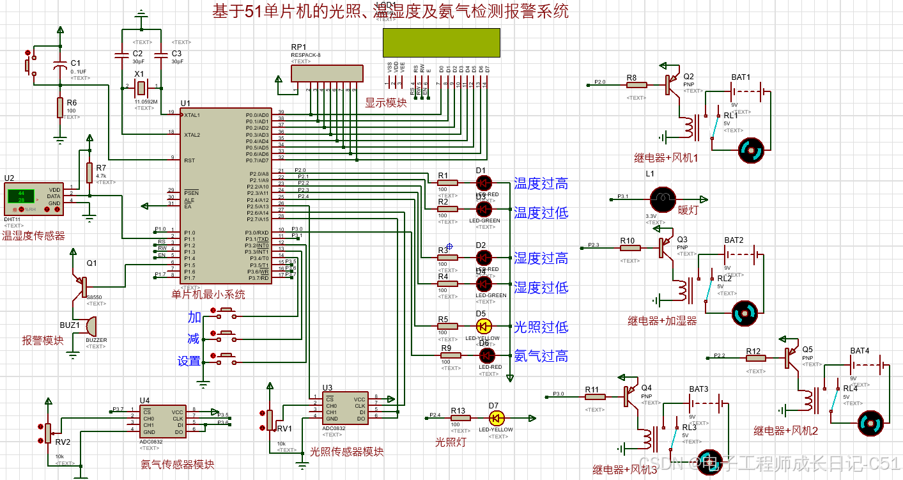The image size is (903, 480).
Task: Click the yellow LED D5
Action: point(485,325)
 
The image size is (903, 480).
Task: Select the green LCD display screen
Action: point(437,43)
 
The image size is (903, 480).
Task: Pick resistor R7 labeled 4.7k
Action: point(89,172)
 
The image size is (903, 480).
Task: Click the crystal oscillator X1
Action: point(142,86)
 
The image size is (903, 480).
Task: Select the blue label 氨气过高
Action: point(541,356)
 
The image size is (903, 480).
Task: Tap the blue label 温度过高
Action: point(541,184)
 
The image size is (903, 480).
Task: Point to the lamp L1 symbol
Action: point(663,199)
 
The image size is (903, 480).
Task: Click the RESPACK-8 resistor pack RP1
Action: point(327,73)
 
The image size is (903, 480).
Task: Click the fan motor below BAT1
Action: point(751,151)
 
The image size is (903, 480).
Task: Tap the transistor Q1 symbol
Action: point(82,286)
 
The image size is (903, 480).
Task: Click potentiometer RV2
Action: point(47,432)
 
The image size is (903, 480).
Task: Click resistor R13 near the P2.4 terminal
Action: point(460,418)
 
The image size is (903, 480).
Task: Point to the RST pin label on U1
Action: point(190,160)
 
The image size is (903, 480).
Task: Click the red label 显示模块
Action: point(385,102)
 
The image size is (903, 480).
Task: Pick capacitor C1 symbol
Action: point(60,66)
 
